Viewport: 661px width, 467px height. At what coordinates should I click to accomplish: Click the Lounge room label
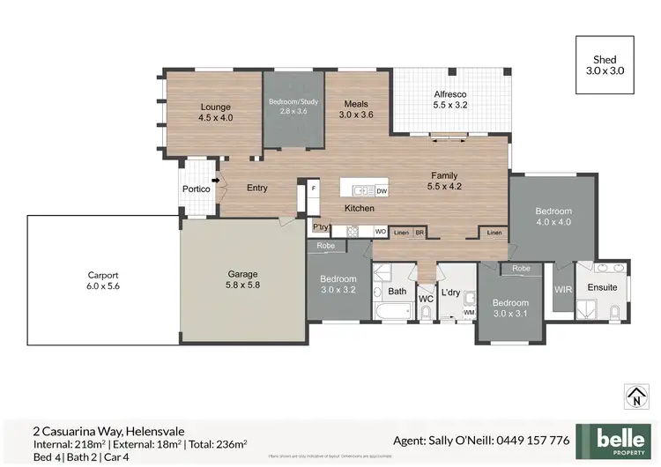click(215, 112)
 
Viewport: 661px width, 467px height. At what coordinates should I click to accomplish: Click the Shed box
click(605, 64)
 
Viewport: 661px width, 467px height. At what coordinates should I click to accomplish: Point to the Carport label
click(103, 279)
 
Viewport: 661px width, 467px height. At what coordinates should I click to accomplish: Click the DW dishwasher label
click(381, 190)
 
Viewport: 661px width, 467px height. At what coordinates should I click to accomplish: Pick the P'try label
click(320, 227)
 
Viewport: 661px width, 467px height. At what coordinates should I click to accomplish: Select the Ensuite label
click(602, 288)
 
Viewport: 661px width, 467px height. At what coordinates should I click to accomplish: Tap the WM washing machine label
click(468, 311)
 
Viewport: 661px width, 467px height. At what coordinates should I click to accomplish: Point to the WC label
click(426, 300)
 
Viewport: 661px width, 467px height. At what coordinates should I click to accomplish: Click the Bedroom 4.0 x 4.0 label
click(553, 217)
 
